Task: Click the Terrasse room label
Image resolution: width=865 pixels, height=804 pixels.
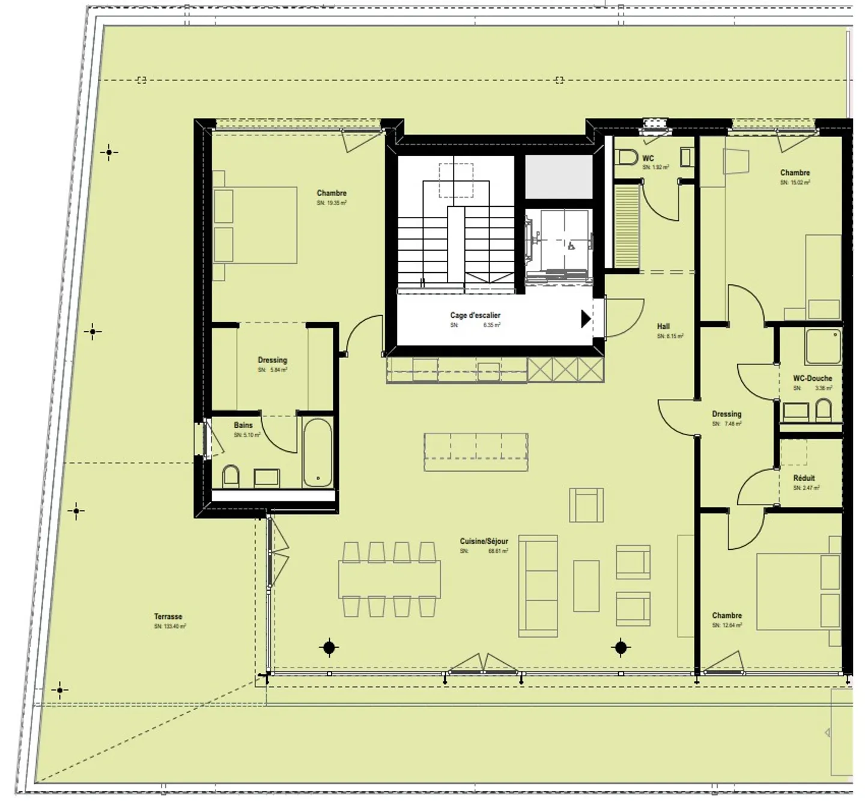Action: (x=168, y=617)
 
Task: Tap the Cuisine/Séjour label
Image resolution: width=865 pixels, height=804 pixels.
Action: (x=484, y=541)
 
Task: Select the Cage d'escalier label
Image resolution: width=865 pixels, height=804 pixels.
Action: (x=475, y=315)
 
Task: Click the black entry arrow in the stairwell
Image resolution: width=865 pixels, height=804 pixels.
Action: (x=586, y=318)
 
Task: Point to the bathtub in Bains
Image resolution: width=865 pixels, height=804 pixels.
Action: (x=317, y=452)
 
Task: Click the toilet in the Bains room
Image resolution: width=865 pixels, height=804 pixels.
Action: (x=231, y=477)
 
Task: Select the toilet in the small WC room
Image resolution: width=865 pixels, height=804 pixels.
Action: (x=628, y=157)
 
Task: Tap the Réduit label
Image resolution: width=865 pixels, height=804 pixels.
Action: (x=804, y=478)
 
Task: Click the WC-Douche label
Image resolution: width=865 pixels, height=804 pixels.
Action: (x=812, y=379)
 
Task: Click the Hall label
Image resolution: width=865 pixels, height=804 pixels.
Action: (x=663, y=326)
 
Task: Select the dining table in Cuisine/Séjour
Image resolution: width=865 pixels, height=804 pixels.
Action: (x=389, y=579)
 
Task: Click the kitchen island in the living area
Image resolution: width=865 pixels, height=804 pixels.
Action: (x=476, y=452)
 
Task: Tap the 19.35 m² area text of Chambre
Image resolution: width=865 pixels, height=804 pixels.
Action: (x=332, y=203)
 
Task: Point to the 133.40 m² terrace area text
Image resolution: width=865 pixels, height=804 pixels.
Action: (x=170, y=626)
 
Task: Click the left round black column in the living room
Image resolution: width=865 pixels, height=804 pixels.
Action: (x=329, y=647)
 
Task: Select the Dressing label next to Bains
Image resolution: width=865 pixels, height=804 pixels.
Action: (x=272, y=361)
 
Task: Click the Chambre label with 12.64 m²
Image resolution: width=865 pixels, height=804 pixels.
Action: (x=727, y=615)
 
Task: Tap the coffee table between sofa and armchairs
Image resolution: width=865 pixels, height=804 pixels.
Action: (x=586, y=585)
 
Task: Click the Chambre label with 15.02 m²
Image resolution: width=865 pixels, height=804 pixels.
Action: (x=795, y=172)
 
